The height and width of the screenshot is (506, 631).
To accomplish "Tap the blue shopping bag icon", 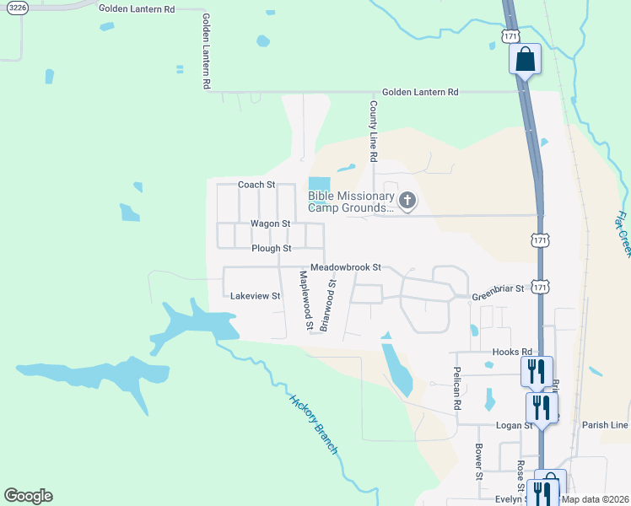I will coord(524,60).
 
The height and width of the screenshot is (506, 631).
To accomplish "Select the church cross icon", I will coord(407,201).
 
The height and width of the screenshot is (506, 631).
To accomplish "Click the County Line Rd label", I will coord(372,132).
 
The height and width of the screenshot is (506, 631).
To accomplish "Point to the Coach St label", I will coord(256,185).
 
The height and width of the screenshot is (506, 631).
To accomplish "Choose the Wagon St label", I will coord(270,223).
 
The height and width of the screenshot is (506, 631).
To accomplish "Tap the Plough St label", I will coord(271,249).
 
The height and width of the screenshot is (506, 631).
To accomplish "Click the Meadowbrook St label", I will coord(346,267).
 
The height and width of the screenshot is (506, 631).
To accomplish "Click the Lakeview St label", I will coord(255,296).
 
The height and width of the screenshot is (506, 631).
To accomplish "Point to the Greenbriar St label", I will coord(498,288).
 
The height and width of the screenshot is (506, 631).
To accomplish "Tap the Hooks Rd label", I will coord(513,352).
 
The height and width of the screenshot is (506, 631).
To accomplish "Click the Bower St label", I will coord(478,462).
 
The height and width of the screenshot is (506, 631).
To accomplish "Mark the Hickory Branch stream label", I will coord(313,425).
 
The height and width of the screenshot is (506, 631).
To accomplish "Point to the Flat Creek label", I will coord(623,234).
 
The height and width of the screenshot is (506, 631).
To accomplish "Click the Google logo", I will coord(28,496).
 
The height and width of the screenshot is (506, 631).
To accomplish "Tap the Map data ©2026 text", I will coord(594,498).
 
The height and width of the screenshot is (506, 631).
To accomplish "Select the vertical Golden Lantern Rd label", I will coord(205,51).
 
